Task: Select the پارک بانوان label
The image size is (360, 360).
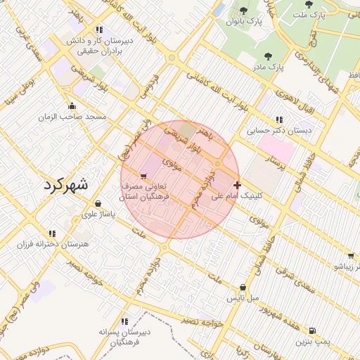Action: point(243,22)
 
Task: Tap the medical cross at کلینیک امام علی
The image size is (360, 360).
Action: point(237,186)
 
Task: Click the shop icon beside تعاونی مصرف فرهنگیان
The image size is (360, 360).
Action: point(144,176)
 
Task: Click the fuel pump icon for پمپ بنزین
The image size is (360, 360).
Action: point(312,330)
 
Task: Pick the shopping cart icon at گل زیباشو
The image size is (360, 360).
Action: point(350,256)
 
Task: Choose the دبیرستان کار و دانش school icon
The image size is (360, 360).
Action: point(99,30)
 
